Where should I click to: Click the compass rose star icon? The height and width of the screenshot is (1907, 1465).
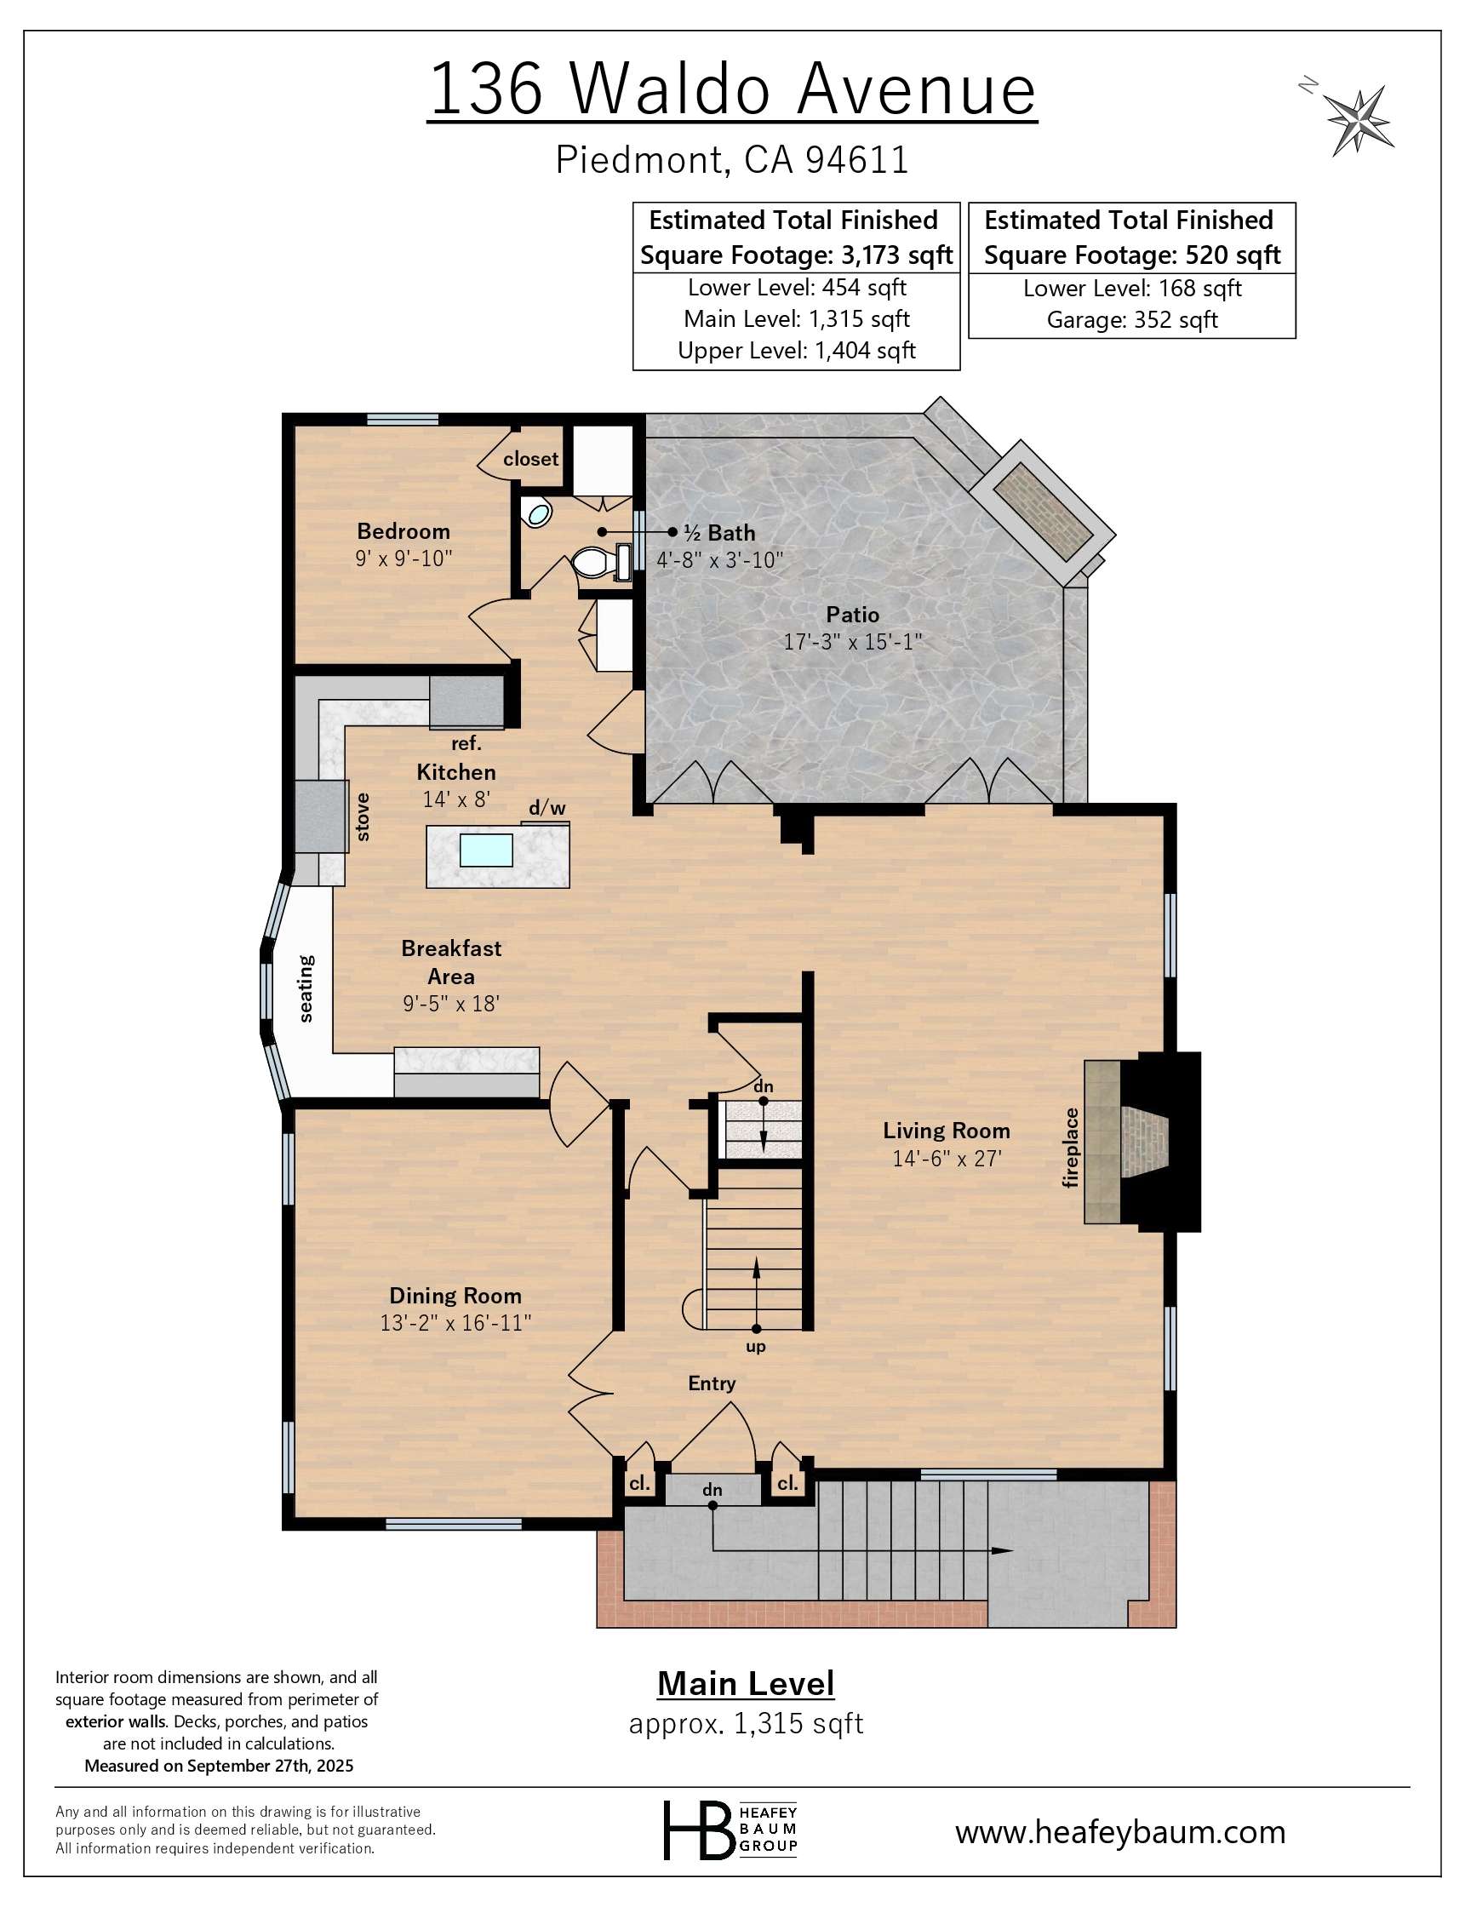tap(1358, 119)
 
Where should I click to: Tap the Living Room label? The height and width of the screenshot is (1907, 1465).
tap(946, 1131)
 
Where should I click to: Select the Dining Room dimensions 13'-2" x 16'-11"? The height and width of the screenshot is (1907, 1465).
tap(455, 1323)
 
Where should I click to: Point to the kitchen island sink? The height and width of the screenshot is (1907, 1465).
tap(486, 850)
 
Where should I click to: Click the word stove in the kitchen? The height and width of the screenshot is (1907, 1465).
tap(363, 817)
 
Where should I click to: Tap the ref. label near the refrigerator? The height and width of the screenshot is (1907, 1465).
tap(466, 744)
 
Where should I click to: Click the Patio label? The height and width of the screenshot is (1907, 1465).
tap(852, 615)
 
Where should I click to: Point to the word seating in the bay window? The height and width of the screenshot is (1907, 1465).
tap(306, 988)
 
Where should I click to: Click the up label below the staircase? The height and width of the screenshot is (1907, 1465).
tap(755, 1346)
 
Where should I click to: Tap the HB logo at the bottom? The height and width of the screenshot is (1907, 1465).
tap(698, 1830)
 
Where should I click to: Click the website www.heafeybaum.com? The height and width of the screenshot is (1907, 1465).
tap(1119, 1831)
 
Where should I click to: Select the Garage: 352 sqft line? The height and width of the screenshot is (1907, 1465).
tap(1131, 320)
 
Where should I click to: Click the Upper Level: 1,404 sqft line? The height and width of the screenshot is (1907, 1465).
tap(796, 351)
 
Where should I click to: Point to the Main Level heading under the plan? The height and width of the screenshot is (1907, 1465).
tap(746, 1684)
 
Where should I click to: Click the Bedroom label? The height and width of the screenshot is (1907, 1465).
tap(403, 531)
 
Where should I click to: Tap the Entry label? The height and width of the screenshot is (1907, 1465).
tap(712, 1383)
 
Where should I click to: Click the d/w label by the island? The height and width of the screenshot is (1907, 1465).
tap(547, 808)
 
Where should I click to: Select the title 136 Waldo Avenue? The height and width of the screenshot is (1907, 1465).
tap(732, 89)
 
